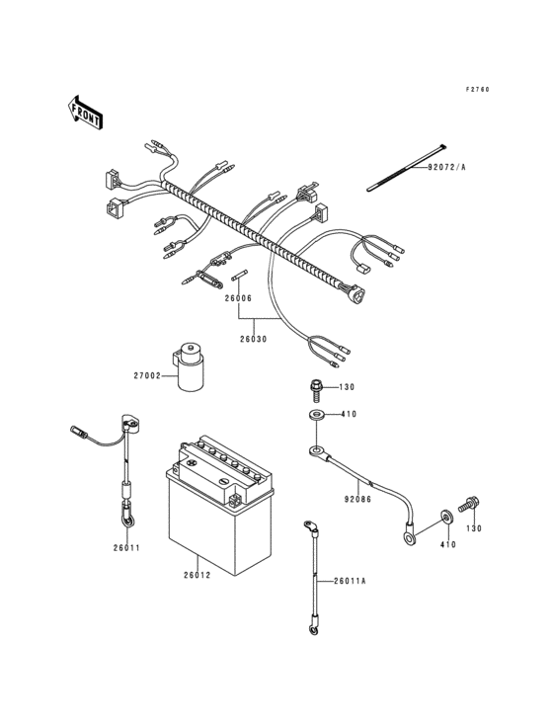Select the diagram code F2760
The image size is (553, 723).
(x=478, y=90)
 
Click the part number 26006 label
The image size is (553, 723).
(x=237, y=297)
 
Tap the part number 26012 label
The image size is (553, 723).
(x=197, y=575)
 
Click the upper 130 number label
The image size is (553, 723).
(x=347, y=388)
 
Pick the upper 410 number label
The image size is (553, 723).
(x=348, y=415)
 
